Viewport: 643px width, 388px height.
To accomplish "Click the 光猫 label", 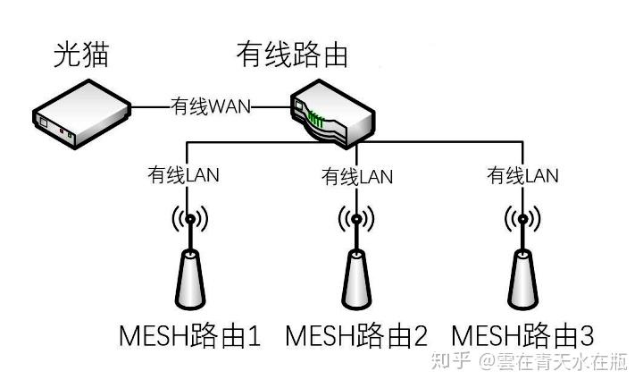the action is tap(81, 54).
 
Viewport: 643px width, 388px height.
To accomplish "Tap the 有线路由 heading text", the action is tap(292, 54).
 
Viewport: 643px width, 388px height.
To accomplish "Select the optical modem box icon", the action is tap(81, 114).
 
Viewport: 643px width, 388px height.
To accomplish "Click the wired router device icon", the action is tap(332, 114).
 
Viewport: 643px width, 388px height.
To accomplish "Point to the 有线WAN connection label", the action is tap(211, 106).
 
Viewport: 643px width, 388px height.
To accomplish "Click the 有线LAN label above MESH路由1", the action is tap(183, 175).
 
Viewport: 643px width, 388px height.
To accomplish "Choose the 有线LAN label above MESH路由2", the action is tap(357, 176).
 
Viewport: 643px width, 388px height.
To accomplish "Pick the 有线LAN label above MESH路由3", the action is tap(522, 175).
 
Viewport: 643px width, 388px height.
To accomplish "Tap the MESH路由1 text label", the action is tap(190, 336).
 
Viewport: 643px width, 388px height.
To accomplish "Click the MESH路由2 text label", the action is tap(356, 336).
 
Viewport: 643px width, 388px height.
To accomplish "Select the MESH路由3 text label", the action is tap(522, 336).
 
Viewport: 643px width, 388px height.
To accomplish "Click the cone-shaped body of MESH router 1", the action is tap(190, 279).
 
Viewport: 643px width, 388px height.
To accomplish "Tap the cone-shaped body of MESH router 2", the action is tap(356, 279).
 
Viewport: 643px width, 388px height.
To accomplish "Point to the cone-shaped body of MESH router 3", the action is tap(522, 279).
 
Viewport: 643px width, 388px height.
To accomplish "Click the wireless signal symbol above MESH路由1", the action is tap(190, 219).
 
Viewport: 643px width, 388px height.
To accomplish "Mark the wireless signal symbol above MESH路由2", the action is tap(356, 219).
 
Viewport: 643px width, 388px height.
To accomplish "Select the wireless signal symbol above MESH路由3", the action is tap(522, 219).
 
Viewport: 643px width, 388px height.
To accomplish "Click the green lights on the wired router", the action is tap(316, 119).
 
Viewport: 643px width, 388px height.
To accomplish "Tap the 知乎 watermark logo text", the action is tap(450, 361).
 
